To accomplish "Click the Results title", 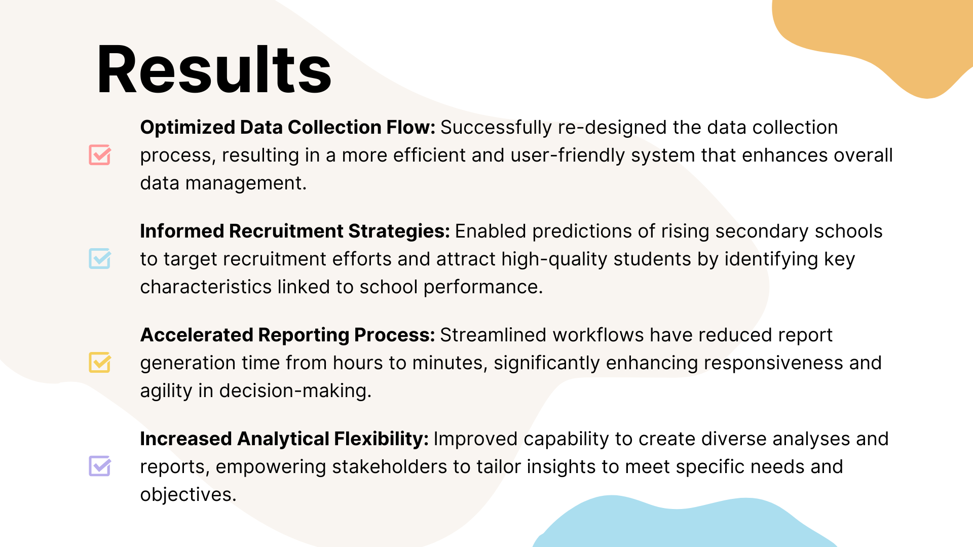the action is point(214,69).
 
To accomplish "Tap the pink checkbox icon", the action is point(100,154).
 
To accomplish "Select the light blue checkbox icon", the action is point(100,258).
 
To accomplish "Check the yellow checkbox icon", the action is point(100,362).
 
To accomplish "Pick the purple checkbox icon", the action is point(100,466).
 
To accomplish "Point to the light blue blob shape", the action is point(684,524).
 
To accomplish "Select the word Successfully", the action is point(496,128).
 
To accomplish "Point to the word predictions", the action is point(582,231).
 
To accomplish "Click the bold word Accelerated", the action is point(196,335).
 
